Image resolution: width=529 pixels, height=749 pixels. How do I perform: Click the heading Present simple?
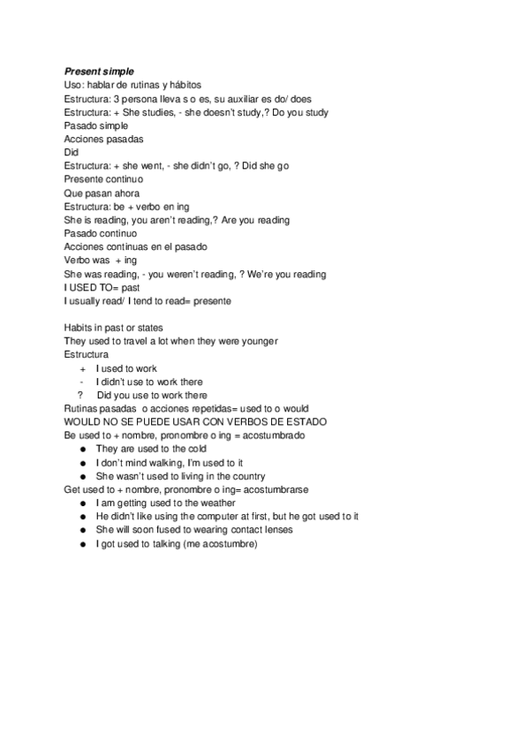point(98,70)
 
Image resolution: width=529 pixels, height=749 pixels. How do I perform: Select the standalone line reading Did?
point(72,152)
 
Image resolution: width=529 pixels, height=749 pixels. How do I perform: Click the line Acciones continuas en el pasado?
point(135,246)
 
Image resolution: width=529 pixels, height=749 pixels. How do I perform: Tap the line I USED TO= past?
point(102,287)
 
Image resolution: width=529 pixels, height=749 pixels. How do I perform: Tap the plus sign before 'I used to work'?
point(82,368)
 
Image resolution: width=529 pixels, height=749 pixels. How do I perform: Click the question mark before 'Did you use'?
point(80,395)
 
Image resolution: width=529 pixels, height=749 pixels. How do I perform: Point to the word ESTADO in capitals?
point(304,422)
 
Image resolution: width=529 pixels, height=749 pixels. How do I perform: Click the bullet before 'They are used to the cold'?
point(82,450)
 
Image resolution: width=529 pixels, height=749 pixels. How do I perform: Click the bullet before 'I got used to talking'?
point(82,544)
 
